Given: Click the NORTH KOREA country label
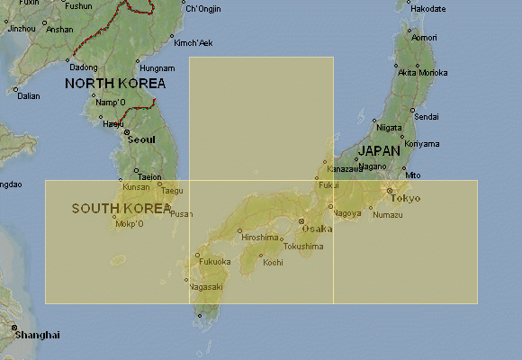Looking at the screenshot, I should pos(114,83).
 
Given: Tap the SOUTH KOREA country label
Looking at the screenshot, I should pos(121,208).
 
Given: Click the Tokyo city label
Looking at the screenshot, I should pos(406,198).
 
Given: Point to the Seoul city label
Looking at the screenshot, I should pos(141,139).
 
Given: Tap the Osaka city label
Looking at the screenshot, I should pos(318,229).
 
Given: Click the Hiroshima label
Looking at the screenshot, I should pos(259,237).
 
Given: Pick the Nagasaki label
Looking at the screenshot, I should pos(205,286).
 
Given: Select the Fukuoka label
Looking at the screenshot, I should pos(214,262).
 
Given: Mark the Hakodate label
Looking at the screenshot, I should pos(427,9).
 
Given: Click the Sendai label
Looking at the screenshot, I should pos(427,117).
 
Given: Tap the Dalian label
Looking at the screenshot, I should pos(29,95).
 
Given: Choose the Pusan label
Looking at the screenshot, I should pos(181,214).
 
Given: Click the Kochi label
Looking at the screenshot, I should pos(272,263).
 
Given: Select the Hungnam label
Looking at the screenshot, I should pos(157,67).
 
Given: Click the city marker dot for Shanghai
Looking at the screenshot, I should pos(15,328).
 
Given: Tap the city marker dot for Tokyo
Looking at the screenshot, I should pos(389,191).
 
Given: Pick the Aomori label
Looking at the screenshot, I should pos(424,38).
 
